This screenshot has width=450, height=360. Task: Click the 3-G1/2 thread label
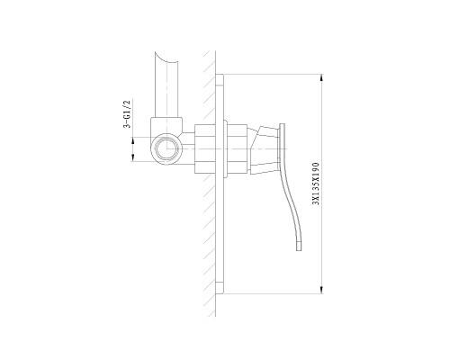[x=128, y=113]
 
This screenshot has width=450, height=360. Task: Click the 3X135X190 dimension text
[x=316, y=184]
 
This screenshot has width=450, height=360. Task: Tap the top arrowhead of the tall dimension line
[x=321, y=77]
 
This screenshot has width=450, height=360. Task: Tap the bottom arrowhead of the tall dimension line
[x=321, y=290]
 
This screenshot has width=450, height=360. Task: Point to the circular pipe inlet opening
[x=166, y=149]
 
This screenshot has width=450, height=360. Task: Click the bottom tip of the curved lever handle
[x=299, y=250]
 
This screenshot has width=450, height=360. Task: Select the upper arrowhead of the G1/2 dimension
[x=133, y=140]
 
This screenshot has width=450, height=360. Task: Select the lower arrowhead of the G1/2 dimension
[x=133, y=157]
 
